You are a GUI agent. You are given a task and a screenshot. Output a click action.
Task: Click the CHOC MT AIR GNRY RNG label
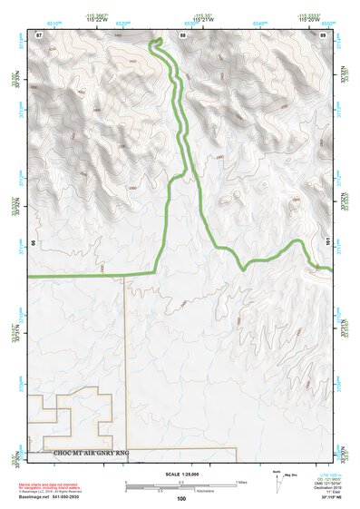(92, 453)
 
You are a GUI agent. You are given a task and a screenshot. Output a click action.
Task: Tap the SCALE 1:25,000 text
(181, 475)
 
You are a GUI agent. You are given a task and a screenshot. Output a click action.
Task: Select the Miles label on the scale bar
(238, 482)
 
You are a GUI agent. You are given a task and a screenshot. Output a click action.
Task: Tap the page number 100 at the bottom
(181, 498)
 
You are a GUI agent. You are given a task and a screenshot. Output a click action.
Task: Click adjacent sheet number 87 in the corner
(39, 34)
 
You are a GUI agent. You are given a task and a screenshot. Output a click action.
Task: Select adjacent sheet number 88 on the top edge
(182, 34)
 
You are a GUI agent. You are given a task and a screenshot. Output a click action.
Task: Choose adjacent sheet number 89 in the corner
(323, 34)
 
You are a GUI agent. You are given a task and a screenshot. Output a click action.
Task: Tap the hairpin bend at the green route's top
(155, 43)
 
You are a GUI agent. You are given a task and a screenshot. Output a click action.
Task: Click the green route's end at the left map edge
(30, 274)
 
